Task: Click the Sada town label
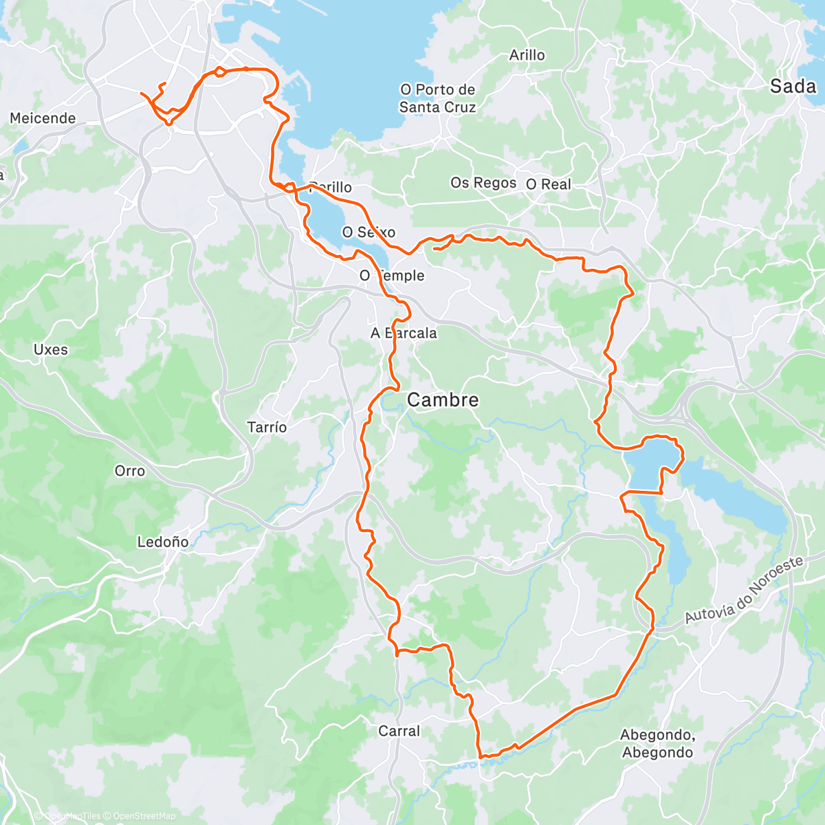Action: coord(793,86)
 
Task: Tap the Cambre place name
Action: coord(443,400)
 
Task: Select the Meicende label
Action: coord(43,118)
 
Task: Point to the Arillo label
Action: coord(527,55)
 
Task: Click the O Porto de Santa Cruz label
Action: coord(438,98)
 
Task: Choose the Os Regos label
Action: coord(483,183)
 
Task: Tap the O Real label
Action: coord(549,184)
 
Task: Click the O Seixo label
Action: coord(369,232)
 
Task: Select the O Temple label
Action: coord(393,276)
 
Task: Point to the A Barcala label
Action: coord(404,333)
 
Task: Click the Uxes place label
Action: coord(51,349)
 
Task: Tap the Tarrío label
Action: coord(267,427)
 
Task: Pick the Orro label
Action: coord(130,471)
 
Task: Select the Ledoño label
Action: coord(163,542)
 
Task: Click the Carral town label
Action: coord(399,731)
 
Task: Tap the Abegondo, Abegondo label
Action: coord(657,744)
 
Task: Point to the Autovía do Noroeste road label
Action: coord(745,590)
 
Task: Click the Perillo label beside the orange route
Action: coord(332,187)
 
